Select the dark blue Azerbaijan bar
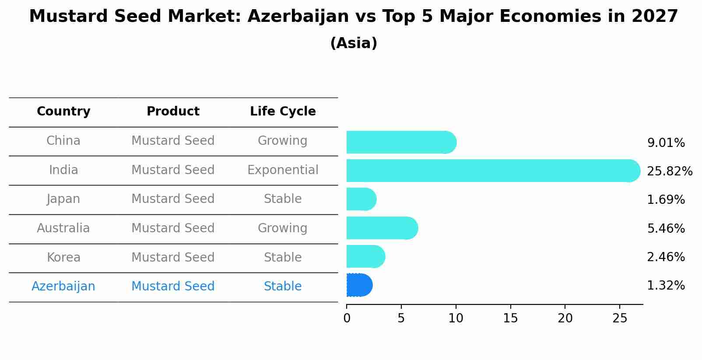359,285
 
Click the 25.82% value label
669,171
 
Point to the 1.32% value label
666,286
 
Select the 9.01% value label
666,143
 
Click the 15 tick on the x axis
510,318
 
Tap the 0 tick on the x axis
347,318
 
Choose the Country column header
63,112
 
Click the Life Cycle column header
283,112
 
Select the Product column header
173,112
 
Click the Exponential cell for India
283,170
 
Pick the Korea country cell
63,257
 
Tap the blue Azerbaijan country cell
63,286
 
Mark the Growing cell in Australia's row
283,228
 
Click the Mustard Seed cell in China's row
173,140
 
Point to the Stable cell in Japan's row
283,199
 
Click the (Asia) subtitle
354,43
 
